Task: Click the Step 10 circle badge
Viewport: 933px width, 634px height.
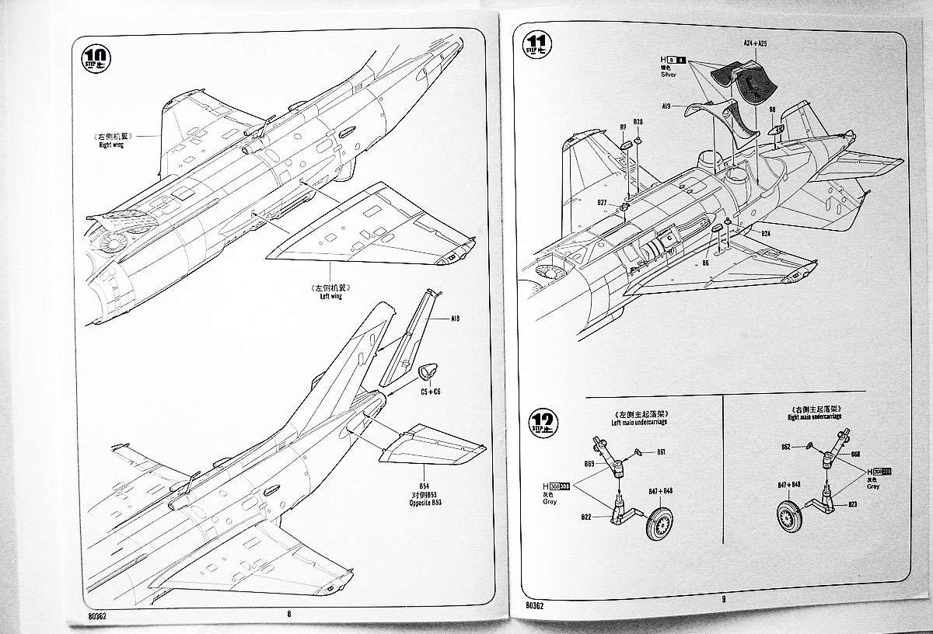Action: coord(96,57)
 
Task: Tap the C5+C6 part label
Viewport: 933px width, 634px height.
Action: coord(431,392)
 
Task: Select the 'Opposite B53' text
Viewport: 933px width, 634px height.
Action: coord(424,503)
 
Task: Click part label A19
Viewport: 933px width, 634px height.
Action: coord(667,105)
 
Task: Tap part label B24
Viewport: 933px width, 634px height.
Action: coord(765,234)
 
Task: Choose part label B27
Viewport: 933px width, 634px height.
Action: coord(602,203)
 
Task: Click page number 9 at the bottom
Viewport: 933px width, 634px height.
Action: coord(722,598)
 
